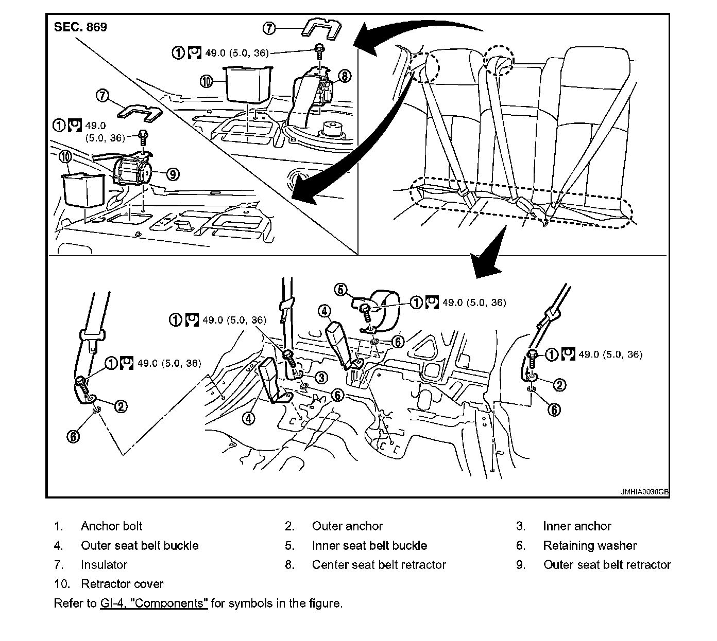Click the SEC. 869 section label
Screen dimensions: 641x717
(80, 27)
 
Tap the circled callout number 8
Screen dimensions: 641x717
(344, 76)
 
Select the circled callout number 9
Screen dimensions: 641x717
(173, 174)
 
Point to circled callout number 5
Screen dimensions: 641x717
(341, 290)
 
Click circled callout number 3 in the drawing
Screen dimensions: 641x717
(321, 378)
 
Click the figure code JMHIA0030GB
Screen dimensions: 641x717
(644, 492)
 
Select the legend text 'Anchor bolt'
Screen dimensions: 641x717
(111, 526)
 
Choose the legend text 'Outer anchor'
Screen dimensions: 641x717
(347, 526)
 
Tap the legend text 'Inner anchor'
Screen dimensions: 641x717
(577, 526)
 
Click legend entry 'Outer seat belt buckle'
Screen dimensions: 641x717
(140, 545)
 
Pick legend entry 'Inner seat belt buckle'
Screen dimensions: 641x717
(369, 545)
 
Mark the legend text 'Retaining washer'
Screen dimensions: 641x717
(590, 545)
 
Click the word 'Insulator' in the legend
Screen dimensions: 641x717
(104, 565)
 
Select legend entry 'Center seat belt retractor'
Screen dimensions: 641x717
(379, 565)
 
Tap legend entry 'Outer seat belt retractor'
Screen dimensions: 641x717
(607, 565)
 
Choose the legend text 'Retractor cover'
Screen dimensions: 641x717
(122, 584)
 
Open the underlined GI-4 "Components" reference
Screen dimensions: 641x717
(154, 603)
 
